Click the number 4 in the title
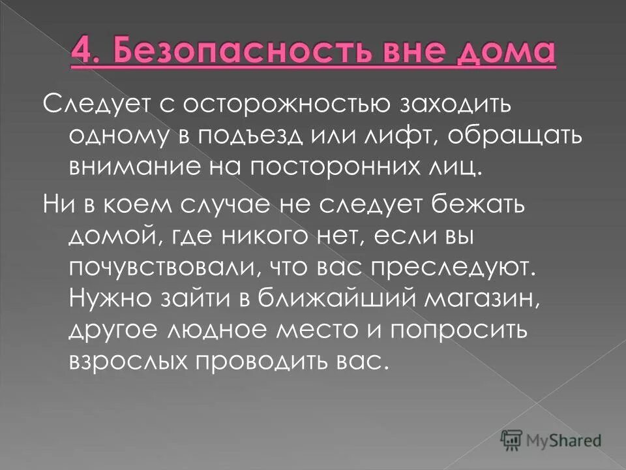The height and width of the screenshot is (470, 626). click(81, 52)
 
